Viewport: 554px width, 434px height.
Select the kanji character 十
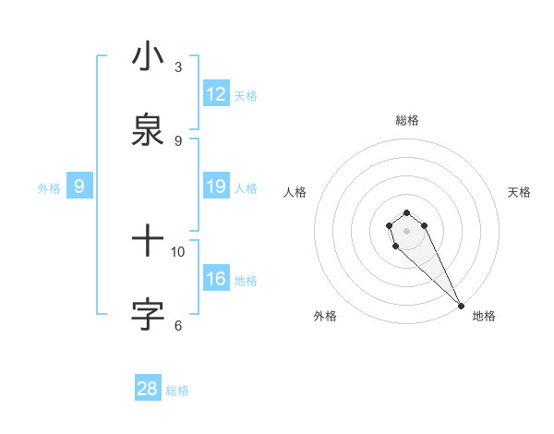pyautogui.click(x=148, y=242)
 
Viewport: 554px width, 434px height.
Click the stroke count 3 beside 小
pyautogui.click(x=178, y=66)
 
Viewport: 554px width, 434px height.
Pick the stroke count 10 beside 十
pyautogui.click(x=178, y=251)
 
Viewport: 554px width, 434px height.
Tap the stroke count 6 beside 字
pyautogui.click(x=178, y=325)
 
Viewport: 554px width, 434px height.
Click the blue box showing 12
pyautogui.click(x=216, y=94)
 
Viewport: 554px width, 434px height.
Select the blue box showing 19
pyautogui.click(x=216, y=187)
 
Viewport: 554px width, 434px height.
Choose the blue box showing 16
pyautogui.click(x=216, y=279)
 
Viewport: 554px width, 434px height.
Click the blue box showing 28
pyautogui.click(x=148, y=389)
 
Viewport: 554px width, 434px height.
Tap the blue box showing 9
pyautogui.click(x=79, y=187)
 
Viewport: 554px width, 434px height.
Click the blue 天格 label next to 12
pyautogui.click(x=246, y=95)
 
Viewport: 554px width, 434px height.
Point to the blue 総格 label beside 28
pyautogui.click(x=177, y=390)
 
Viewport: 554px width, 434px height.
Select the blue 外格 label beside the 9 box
pyautogui.click(x=49, y=187)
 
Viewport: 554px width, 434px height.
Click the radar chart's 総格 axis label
pyautogui.click(x=407, y=120)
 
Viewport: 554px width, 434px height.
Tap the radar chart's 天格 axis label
pyautogui.click(x=519, y=192)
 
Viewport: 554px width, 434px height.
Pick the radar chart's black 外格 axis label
pyautogui.click(x=325, y=316)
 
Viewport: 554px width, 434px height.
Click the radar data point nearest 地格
pyautogui.click(x=462, y=306)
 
